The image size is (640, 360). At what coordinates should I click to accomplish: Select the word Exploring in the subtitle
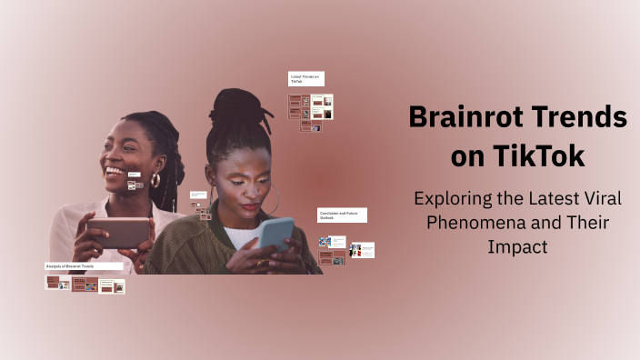coord(452,197)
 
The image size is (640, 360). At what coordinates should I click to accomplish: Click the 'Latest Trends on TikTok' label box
coord(306,79)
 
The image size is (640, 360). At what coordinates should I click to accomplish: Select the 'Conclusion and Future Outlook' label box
coord(341,215)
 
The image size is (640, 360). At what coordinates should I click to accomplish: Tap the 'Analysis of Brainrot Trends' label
coord(83,266)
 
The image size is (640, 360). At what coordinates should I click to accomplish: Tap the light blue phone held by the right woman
coord(277,234)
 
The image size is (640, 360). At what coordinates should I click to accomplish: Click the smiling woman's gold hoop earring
coord(155,180)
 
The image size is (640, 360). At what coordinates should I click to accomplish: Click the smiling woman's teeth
coord(115,171)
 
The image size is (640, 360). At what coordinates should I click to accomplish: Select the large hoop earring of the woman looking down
coord(271,202)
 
